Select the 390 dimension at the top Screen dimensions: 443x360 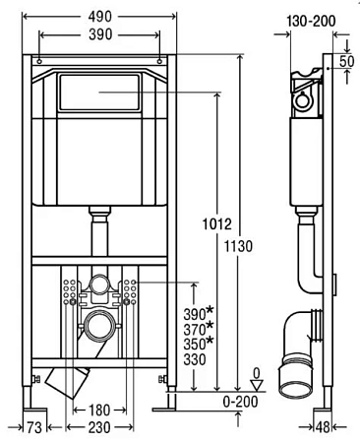(99, 33)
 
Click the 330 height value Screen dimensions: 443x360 (194, 362)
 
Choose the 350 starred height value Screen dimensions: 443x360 (197, 345)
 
